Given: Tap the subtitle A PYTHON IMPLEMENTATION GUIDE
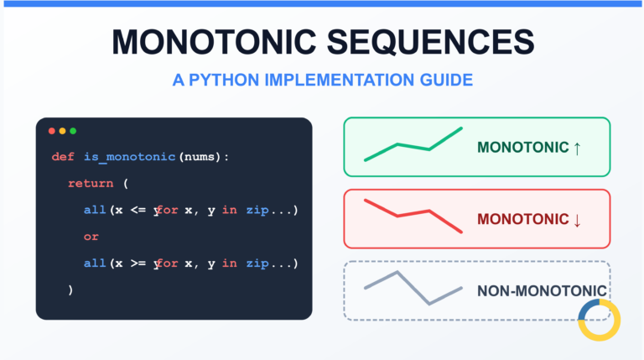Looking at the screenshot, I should tap(322, 81).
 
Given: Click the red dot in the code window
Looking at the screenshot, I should tap(52, 131).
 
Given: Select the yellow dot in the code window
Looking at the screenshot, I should tap(62, 131).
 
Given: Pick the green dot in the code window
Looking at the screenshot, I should tap(73, 131).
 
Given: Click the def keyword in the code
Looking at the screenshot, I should tap(62, 157).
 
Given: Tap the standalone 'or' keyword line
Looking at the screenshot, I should tap(91, 237).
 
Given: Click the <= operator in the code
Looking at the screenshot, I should tap(138, 210).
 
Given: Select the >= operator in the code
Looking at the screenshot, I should tap(138, 263).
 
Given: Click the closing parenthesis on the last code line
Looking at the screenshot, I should tap(71, 290).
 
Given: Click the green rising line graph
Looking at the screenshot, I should tap(413, 145).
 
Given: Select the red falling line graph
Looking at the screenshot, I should tap(413, 215).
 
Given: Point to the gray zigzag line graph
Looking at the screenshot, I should tap(413, 288).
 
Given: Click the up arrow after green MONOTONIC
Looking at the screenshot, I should tap(577, 148).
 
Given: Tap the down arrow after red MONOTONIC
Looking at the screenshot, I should tap(577, 219).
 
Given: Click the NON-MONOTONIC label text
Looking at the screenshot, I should tap(541, 291).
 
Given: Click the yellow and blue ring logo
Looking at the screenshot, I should tap(599, 320).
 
